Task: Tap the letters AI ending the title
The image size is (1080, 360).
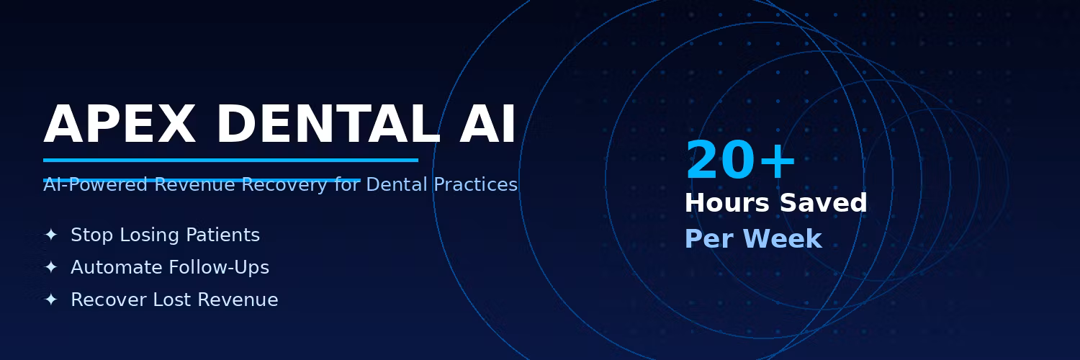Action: coord(488,125)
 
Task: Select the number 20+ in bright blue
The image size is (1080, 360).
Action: coord(740,161)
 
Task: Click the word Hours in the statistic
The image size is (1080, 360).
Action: coord(727,203)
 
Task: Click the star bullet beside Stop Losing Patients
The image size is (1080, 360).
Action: coord(51,235)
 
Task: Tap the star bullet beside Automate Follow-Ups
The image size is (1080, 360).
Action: coord(51,267)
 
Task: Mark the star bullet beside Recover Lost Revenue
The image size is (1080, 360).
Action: coord(51,300)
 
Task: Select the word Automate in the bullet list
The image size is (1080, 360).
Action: coord(117,267)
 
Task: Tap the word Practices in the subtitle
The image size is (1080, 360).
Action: coord(475,184)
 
